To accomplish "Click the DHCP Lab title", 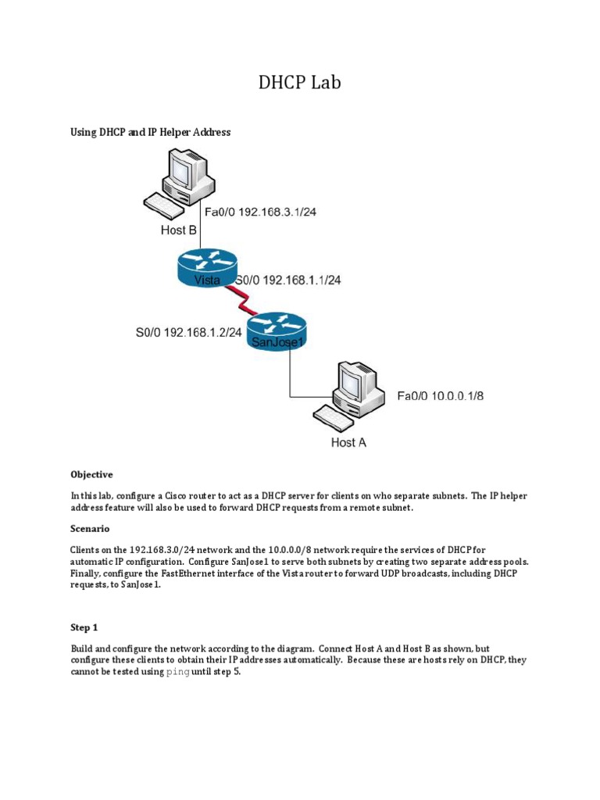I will (300, 82).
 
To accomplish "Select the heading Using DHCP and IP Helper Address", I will (150, 132).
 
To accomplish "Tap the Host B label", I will (179, 230).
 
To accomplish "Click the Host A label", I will (348, 442).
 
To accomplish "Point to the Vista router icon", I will (205, 268).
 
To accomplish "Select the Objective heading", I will (91, 474).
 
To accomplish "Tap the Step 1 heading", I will (84, 627).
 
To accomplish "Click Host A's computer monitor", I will (357, 383).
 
